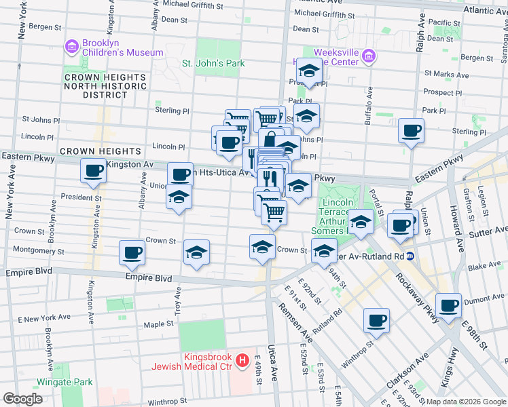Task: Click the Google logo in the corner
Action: (22, 398)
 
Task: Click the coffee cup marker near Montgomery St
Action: (132, 252)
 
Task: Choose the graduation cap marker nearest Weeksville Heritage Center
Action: (309, 72)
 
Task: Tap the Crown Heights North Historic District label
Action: (105, 86)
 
